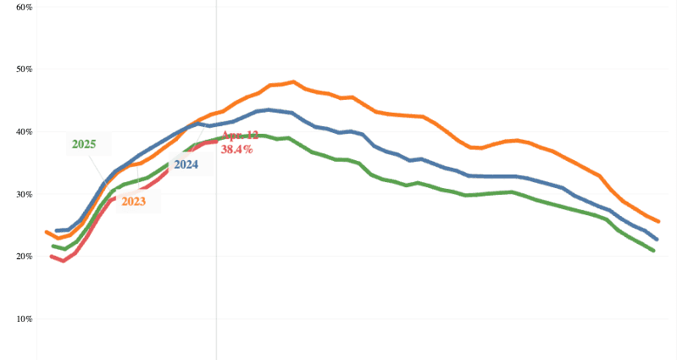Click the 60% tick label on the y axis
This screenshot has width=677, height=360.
point(23,7)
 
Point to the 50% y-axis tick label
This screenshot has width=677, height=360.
point(23,69)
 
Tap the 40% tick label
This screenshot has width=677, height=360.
point(23,131)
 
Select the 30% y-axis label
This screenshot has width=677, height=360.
point(23,194)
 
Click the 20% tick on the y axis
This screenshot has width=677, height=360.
point(23,256)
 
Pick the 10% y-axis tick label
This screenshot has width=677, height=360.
point(23,318)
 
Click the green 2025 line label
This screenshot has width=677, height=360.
point(84,145)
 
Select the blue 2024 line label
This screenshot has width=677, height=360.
point(185,165)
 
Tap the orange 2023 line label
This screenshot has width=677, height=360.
point(133,202)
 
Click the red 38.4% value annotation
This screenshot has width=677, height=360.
point(237,149)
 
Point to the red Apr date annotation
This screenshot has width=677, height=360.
point(240,136)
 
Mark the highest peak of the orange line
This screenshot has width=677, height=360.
point(293,82)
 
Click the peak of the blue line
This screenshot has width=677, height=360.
point(269,109)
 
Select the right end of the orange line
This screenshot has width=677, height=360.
point(658,221)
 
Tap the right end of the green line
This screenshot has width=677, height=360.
point(653,251)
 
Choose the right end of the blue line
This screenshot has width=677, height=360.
point(657,240)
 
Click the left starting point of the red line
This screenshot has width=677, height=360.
point(52,256)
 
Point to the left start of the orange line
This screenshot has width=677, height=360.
point(47,232)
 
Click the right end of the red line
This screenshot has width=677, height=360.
point(216,141)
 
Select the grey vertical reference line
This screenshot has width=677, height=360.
point(216,254)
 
